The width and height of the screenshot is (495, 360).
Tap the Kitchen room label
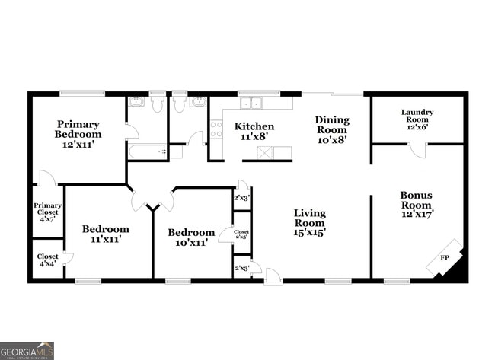coord(254,131)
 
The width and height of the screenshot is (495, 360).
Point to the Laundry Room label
coord(417,119)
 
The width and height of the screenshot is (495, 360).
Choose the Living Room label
coord(310,223)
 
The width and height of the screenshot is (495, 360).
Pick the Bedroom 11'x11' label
coord(105,233)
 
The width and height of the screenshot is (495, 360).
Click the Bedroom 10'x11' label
coord(191,237)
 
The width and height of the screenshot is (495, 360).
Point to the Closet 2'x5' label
coord(241,235)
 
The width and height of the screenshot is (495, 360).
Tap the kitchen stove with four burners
coord(216,130)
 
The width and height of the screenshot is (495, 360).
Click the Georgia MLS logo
coord(27,350)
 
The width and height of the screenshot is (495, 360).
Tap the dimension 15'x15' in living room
coord(310,233)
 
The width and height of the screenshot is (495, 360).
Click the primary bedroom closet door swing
coord(47,178)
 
